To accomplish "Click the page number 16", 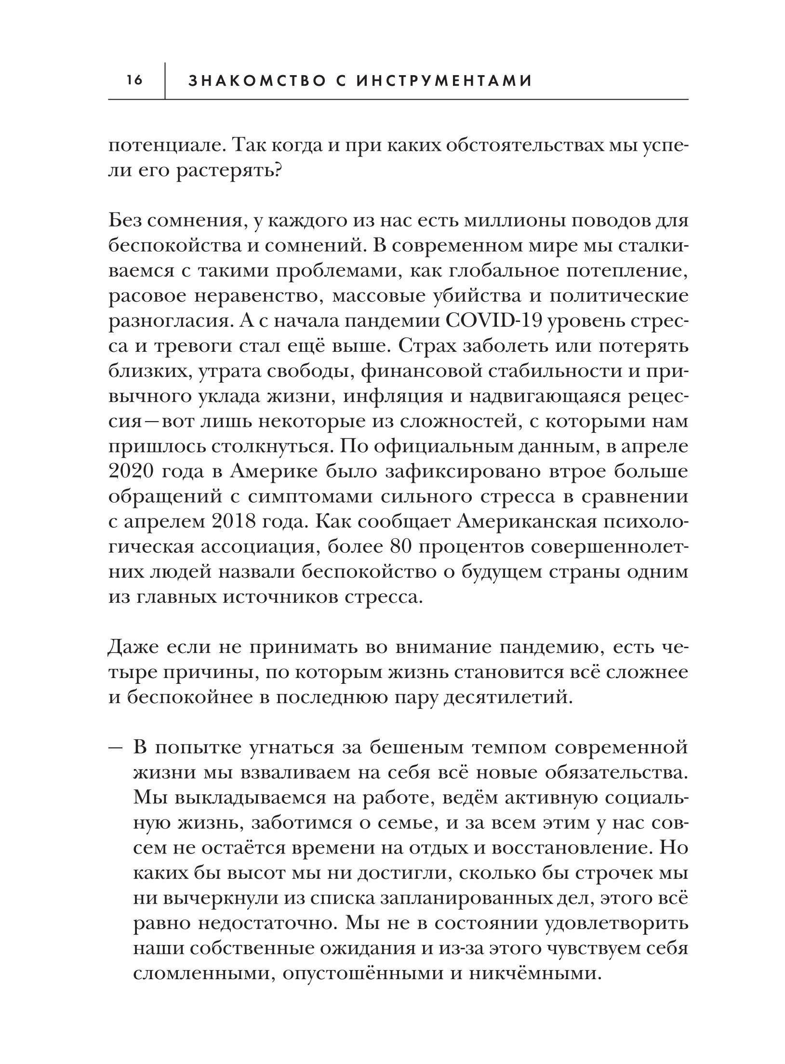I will tap(134, 80).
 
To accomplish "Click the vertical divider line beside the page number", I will tap(165, 80).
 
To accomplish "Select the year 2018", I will tap(238, 521).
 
